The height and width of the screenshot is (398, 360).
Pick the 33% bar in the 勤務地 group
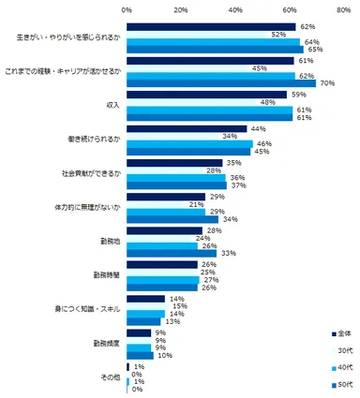[x=172, y=253]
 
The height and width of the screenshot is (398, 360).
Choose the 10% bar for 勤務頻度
[x=141, y=354]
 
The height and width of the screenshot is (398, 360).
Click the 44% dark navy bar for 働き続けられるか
[x=187, y=127]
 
